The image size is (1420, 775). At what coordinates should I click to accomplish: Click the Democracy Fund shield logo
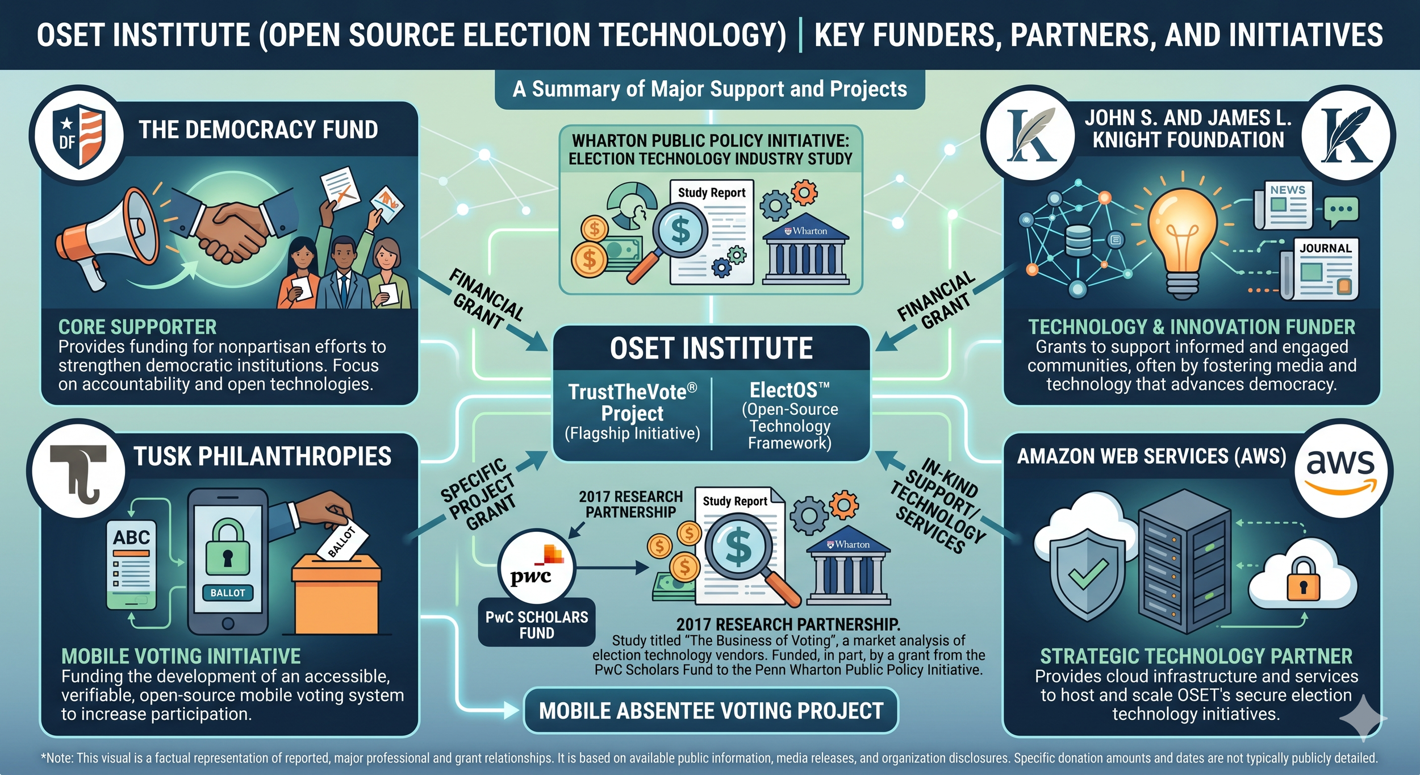[78, 135]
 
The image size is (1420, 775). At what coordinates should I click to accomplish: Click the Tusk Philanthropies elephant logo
[78, 470]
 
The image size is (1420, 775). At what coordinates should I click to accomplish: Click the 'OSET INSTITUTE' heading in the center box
[711, 348]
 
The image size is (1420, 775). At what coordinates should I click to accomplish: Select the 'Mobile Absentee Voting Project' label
[711, 711]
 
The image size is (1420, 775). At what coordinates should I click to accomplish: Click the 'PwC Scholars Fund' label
[536, 624]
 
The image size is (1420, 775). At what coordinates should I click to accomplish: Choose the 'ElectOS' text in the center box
[789, 391]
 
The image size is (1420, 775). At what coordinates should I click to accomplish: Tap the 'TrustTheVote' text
[632, 392]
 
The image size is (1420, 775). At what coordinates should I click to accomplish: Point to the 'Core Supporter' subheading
[137, 327]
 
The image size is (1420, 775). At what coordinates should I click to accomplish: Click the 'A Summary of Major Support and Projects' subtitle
[709, 89]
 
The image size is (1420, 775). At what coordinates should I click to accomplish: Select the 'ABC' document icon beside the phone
[132, 562]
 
